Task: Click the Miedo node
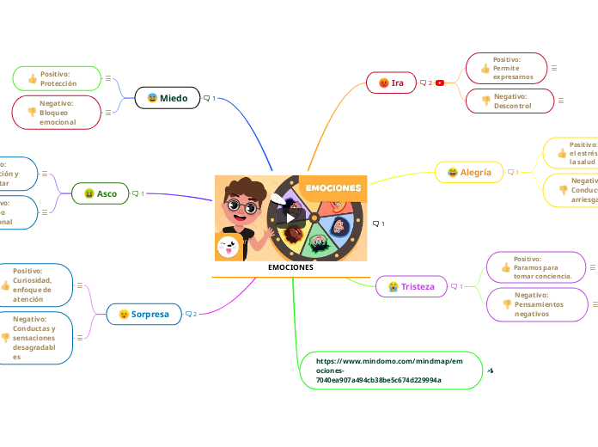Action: (168, 98)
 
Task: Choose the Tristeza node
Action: (411, 286)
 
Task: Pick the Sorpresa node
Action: (144, 314)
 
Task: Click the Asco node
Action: (101, 193)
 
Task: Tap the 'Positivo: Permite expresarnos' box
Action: (506, 68)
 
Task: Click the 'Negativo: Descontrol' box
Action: (506, 101)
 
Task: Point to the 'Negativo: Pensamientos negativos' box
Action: (538, 304)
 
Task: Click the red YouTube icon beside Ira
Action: (440, 83)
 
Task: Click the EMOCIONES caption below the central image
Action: (290, 267)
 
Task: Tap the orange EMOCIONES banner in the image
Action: (333, 187)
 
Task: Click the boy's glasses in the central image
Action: (243, 207)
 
